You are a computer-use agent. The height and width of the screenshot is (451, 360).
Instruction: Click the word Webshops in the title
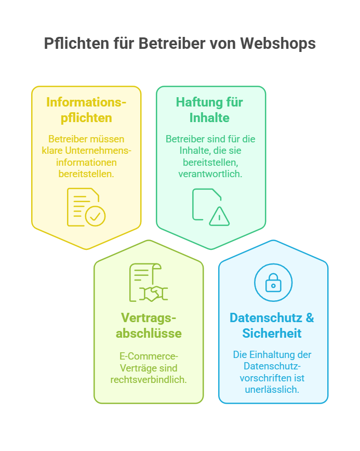[x=278, y=44]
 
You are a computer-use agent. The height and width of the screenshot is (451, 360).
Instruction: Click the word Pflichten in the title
[x=76, y=44]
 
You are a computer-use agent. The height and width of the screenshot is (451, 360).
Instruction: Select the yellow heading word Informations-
[x=86, y=102]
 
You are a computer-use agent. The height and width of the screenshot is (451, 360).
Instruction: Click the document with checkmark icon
[x=86, y=207]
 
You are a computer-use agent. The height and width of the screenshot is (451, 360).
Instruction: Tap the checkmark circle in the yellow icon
[x=95, y=216]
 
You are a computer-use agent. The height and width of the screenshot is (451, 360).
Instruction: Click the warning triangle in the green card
[x=219, y=216]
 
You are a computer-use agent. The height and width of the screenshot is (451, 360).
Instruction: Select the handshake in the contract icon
[x=154, y=294]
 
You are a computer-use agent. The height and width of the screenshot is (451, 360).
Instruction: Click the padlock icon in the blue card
[x=273, y=283]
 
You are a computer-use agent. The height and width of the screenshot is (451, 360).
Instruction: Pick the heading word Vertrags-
[x=149, y=318]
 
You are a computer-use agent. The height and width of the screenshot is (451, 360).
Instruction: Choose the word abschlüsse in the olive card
[x=149, y=334]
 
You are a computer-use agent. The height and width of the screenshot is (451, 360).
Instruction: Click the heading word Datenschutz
[x=266, y=318]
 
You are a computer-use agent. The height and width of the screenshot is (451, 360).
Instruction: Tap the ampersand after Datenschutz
[x=310, y=318]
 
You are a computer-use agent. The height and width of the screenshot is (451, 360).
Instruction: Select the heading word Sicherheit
[x=272, y=334]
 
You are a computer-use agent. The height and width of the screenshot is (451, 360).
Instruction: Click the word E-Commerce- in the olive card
[x=149, y=356]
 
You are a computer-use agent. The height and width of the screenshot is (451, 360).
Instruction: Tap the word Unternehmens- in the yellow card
[x=98, y=151]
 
